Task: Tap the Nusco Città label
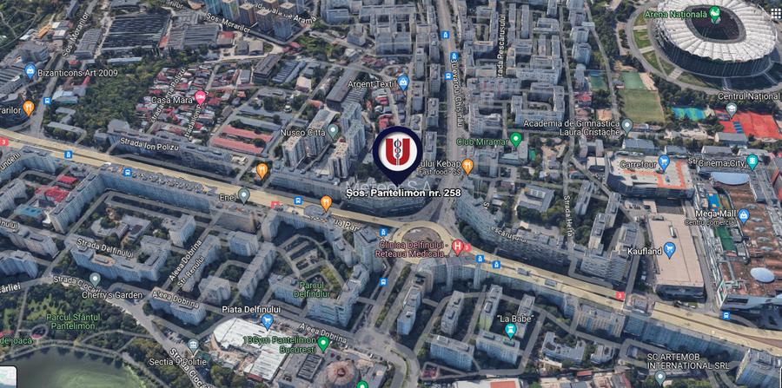tap(302, 133)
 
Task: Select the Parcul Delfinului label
tap(313, 288)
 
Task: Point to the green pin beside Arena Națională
tap(714, 14)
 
